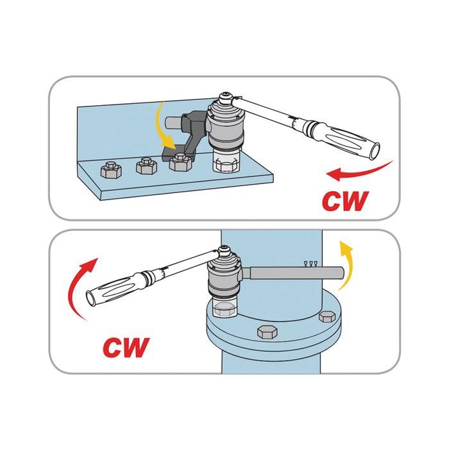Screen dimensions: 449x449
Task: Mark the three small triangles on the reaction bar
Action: (x=311, y=264)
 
